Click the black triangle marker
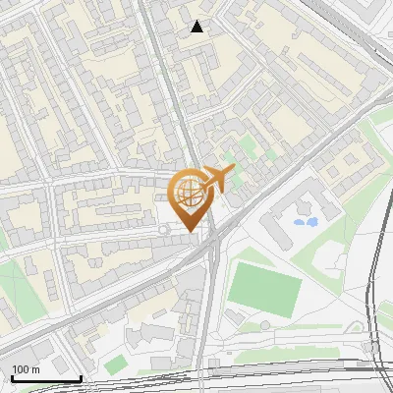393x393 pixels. [x=197, y=27]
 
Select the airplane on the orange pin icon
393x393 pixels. [x=215, y=179]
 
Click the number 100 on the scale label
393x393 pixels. [x=20, y=369]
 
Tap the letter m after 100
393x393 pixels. [x=35, y=369]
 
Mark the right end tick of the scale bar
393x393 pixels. [x=81, y=377]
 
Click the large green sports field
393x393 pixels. [x=264, y=285]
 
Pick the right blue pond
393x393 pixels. [x=312, y=221]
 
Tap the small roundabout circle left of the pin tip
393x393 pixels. [x=164, y=230]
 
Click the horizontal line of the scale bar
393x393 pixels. [x=44, y=378]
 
